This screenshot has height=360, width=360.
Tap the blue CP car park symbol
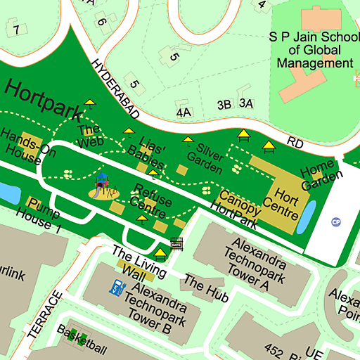tap(336, 222)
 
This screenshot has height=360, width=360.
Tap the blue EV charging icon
tap(113, 287)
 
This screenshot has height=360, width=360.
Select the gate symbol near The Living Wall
tap(176, 243)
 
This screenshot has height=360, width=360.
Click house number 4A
tap(184, 112)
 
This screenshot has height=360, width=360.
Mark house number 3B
tap(224, 105)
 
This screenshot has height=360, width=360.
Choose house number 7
tap(15, 30)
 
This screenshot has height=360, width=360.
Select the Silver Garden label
tap(210, 158)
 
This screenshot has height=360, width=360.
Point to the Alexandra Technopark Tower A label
tap(255, 263)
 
